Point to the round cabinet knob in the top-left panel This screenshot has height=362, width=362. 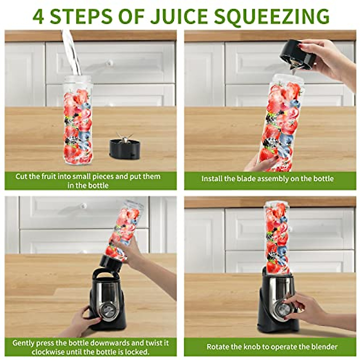pyautogui.click(x=110, y=63)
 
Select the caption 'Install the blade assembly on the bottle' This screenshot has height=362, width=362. pyautogui.click(x=267, y=179)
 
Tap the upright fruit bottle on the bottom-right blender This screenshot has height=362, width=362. pyautogui.click(x=277, y=237)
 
